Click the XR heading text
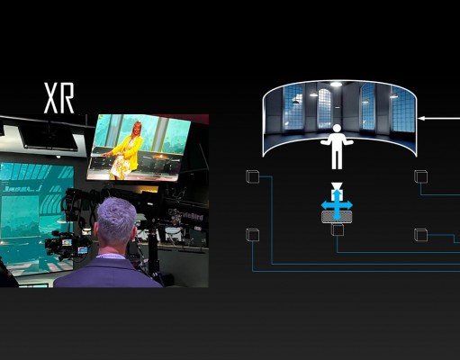click(59, 98)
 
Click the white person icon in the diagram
click(337, 147)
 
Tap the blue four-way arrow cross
click(337, 205)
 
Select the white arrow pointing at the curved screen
click(438, 118)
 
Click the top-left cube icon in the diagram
click(253, 176)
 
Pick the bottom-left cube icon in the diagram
click(253, 235)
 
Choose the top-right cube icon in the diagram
click(420, 176)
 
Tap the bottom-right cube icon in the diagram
click(420, 235)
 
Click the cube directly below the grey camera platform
click(338, 229)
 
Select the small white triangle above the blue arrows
click(337, 185)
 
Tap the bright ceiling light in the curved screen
click(336, 85)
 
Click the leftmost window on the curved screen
click(293, 107)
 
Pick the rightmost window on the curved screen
click(403, 109)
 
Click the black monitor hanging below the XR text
click(50, 137)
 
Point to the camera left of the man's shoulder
click(67, 245)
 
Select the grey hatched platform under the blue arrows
click(337, 216)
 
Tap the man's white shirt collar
click(112, 256)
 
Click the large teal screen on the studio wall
click(36, 219)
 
